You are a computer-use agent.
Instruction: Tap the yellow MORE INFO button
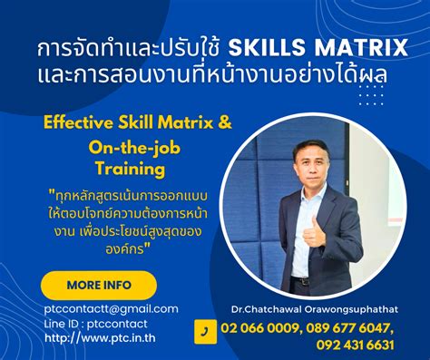[99, 285]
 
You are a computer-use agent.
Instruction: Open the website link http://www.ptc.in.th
[100, 339]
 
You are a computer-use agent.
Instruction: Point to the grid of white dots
[370, 93]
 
